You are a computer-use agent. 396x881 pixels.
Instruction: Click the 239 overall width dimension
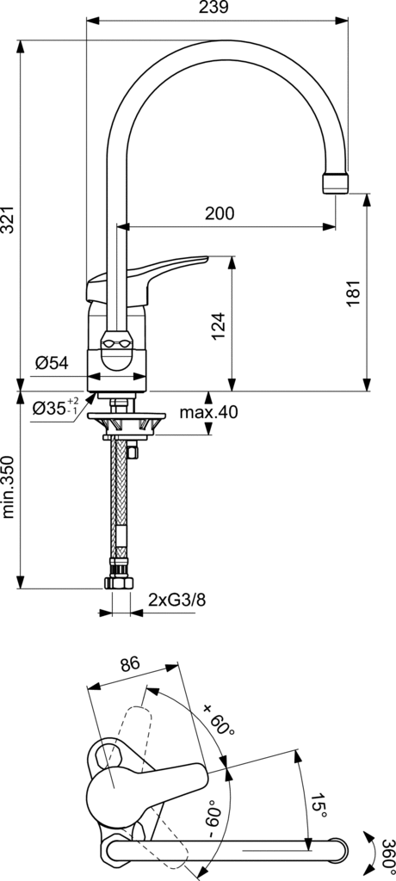click(215, 8)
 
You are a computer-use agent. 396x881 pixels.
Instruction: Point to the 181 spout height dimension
click(352, 293)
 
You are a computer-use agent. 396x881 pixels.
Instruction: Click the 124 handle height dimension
click(218, 324)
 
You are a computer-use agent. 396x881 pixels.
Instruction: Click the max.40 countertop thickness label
click(208, 412)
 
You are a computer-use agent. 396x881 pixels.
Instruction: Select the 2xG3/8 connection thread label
click(176, 599)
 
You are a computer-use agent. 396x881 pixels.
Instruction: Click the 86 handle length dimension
click(129, 663)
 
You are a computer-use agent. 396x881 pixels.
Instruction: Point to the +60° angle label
click(220, 718)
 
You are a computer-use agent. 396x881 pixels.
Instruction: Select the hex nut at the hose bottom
click(118, 583)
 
